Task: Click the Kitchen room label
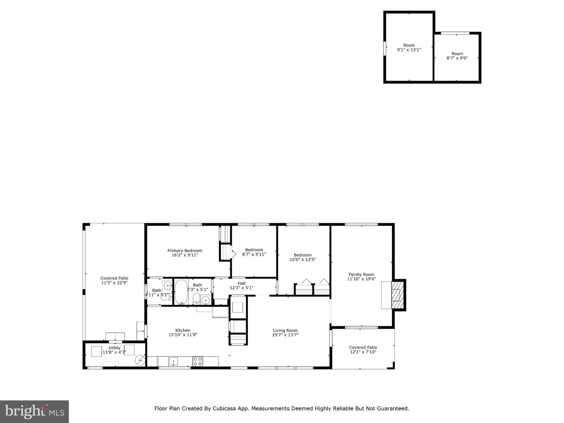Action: click(183, 330)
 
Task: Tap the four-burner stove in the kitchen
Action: click(198, 361)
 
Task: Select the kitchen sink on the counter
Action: click(174, 361)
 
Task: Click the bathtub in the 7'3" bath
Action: click(181, 292)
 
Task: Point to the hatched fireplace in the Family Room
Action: click(397, 295)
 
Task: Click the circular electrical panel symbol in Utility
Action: click(140, 360)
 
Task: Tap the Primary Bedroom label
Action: click(185, 251)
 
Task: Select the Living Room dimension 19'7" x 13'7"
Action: click(285, 335)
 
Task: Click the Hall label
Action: click(242, 283)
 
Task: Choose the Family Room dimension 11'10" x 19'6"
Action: click(362, 279)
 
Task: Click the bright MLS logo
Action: click(34, 411)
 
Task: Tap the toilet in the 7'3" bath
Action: click(196, 300)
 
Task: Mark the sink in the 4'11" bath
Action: click(167, 285)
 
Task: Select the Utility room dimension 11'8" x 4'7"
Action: click(114, 352)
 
